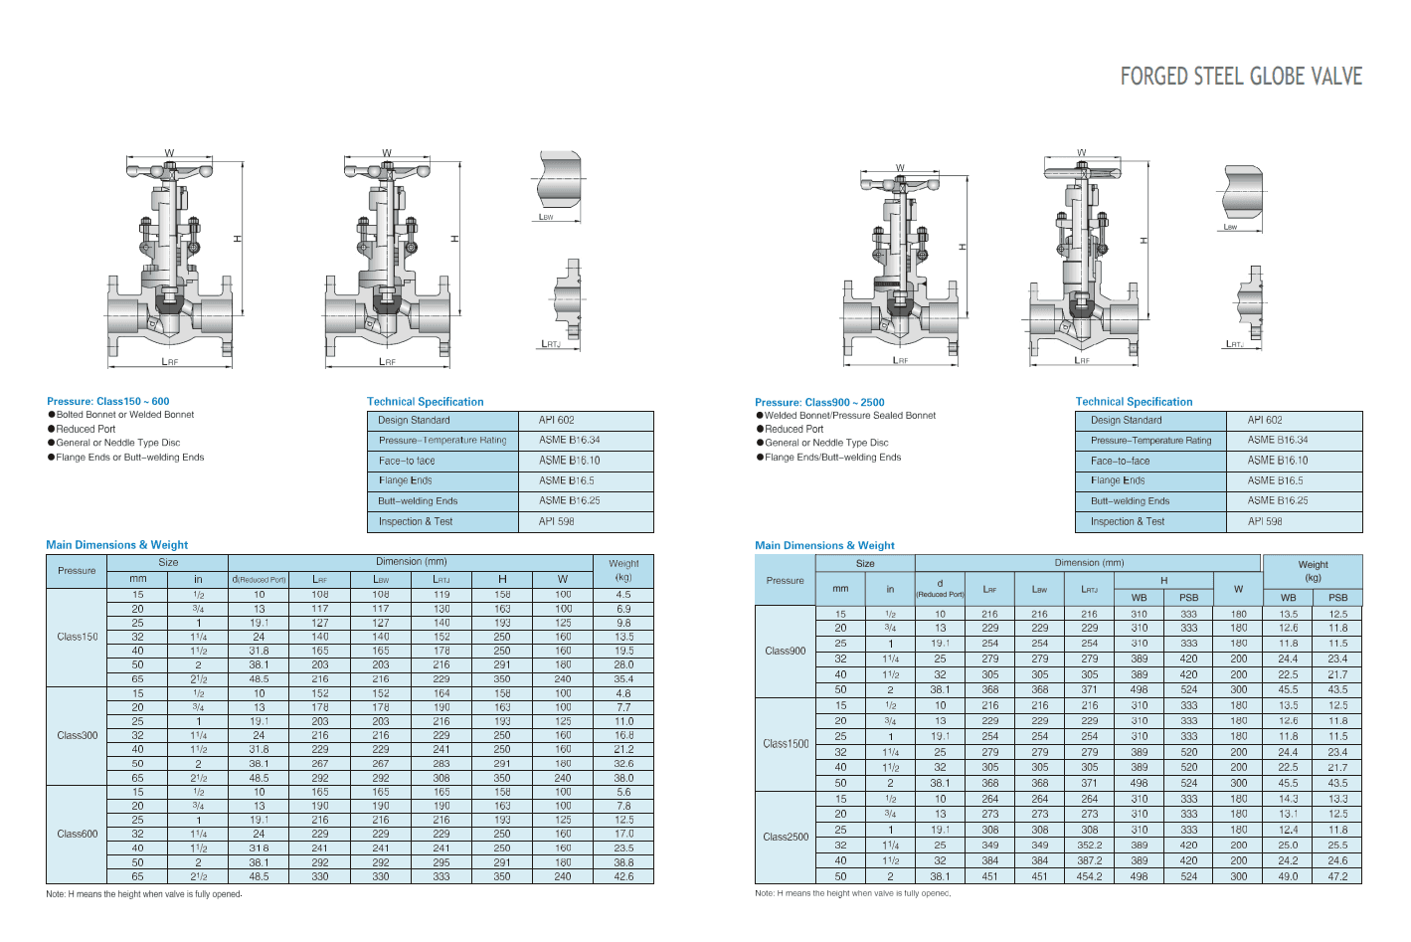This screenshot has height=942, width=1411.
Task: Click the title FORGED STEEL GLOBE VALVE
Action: (x=1241, y=77)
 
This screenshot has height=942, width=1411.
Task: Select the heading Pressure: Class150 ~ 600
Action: (x=107, y=402)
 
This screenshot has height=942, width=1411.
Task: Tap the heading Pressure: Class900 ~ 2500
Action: (x=819, y=402)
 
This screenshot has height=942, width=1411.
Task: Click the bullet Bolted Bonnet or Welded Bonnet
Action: (x=124, y=415)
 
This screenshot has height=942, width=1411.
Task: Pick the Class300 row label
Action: (x=78, y=735)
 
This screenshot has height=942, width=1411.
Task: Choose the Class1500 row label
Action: (x=786, y=744)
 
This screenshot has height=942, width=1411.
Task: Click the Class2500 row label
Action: (x=786, y=837)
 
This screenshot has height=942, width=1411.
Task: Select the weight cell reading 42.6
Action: (x=623, y=876)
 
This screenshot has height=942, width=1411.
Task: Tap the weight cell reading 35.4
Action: (x=623, y=679)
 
